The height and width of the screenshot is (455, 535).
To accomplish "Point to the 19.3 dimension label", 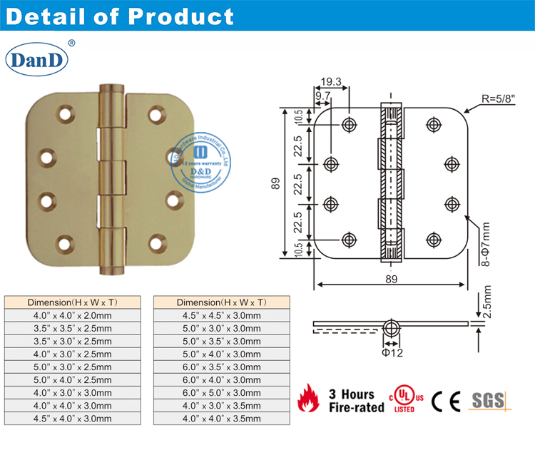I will pyautogui.click(x=330, y=82).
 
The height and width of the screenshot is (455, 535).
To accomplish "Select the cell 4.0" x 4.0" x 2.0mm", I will pyautogui.click(x=73, y=315).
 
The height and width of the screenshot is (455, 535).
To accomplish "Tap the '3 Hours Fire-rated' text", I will pyautogui.click(x=351, y=401).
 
